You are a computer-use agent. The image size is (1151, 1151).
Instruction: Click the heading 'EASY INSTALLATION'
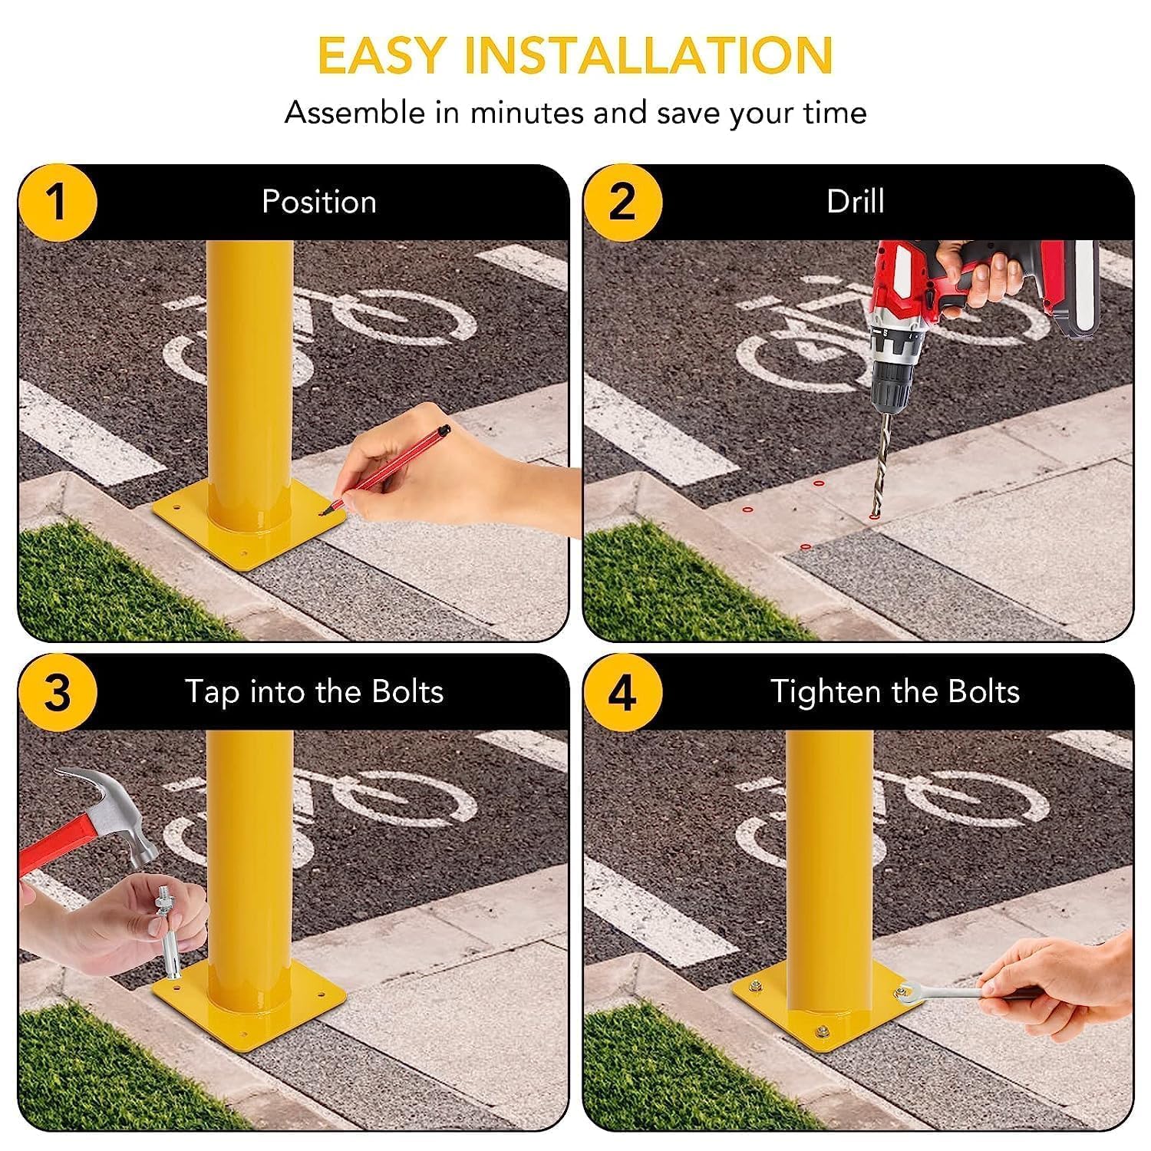575,55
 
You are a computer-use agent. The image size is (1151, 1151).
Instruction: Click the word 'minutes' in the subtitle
526,114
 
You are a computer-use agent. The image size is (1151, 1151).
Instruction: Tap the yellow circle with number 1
58,203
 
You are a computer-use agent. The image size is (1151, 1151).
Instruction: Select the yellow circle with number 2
622,203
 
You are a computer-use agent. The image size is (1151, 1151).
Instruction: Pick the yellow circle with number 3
58,692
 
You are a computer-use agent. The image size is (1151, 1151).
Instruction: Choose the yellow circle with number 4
622,692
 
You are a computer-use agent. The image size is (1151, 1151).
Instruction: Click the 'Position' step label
319,202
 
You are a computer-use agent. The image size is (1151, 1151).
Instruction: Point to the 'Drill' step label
855,202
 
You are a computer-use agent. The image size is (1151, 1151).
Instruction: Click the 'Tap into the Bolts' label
314,691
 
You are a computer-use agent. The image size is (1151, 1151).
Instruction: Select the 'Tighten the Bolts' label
895,691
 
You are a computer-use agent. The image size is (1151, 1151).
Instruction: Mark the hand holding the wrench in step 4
1059,971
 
